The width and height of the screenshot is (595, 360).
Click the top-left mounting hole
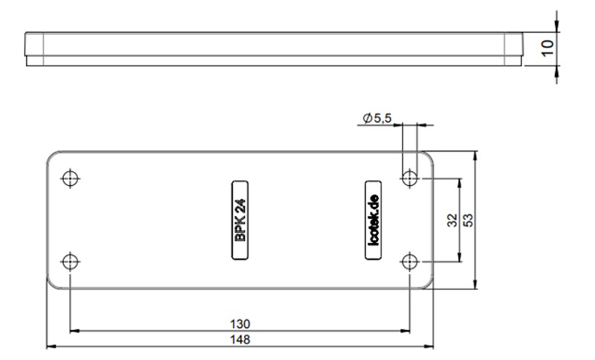70,179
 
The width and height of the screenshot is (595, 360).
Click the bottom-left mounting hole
70,261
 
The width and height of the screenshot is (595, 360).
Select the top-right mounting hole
409,179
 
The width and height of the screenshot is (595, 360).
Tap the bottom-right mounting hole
409,261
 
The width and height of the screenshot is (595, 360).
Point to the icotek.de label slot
373,220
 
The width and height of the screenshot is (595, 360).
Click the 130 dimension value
239,324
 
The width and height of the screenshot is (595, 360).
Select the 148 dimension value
239,339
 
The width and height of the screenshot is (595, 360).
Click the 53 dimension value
468,220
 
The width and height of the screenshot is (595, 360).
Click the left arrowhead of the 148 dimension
51,346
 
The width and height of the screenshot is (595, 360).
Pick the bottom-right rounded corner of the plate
431,285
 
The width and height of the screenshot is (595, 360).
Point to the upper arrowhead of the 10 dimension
557,28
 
